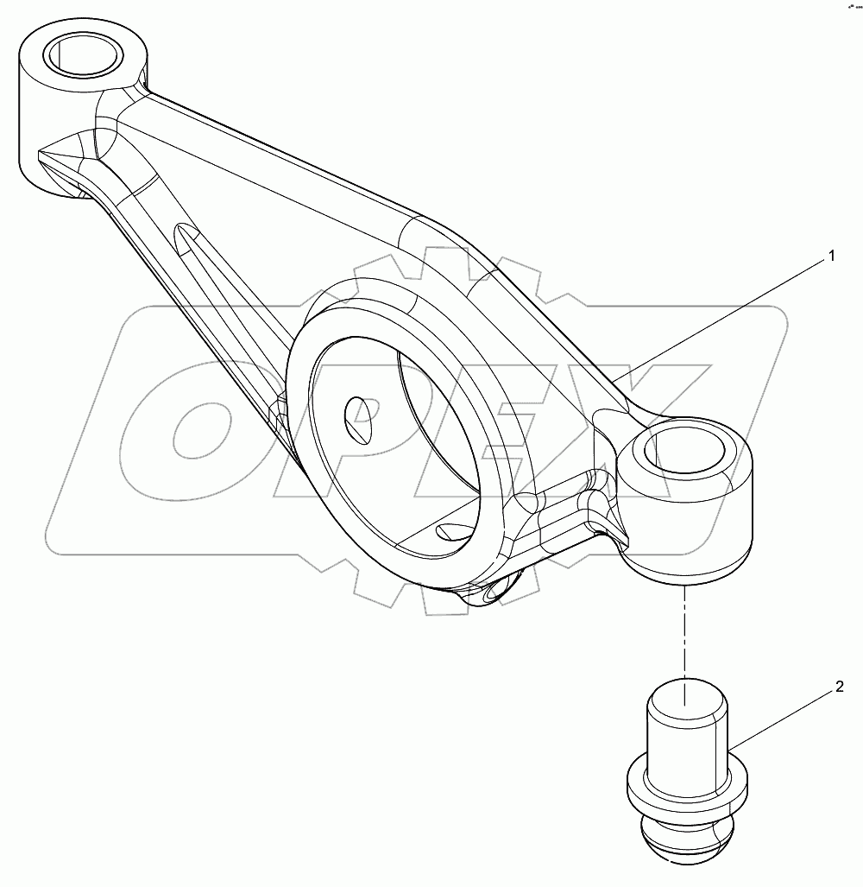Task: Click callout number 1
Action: (831, 256)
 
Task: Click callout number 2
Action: (838, 688)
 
